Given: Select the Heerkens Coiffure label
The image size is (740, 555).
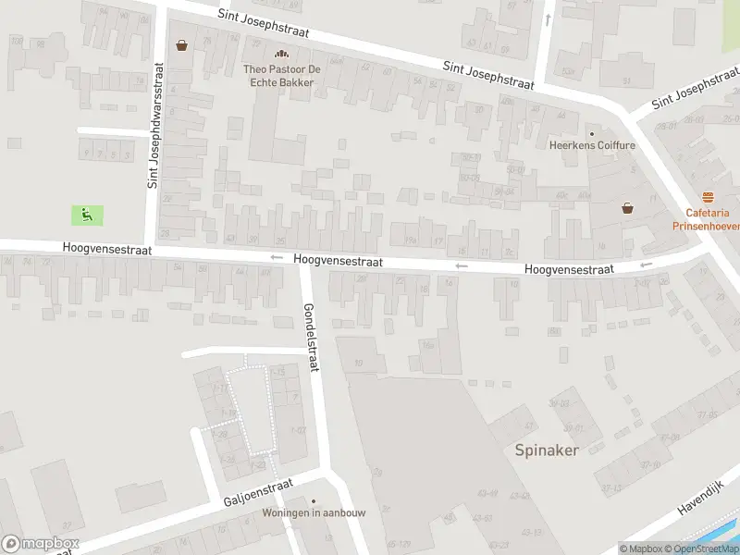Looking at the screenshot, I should (592, 145).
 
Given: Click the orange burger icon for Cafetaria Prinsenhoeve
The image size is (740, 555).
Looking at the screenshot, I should (709, 196).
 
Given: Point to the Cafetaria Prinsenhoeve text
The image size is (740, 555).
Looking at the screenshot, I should (708, 218).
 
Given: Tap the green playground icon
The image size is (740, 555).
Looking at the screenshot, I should (87, 216).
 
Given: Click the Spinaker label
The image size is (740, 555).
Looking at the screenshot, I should (547, 450).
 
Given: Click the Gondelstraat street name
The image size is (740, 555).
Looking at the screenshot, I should (311, 338).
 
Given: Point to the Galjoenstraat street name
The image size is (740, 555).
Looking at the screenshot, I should (258, 492).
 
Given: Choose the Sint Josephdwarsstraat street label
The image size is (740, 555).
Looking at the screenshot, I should (155, 126).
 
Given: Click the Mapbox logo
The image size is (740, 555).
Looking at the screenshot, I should (41, 544).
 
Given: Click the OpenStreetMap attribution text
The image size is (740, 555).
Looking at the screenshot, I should (699, 549).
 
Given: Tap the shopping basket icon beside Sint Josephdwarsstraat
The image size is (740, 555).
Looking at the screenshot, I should (181, 44).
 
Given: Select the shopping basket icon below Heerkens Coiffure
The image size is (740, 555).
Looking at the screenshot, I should (627, 208).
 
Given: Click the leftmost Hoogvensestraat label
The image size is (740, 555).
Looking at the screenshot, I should (107, 250).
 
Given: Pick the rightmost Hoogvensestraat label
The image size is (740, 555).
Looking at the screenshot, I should (568, 268).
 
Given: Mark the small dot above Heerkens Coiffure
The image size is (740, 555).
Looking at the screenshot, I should (592, 133).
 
